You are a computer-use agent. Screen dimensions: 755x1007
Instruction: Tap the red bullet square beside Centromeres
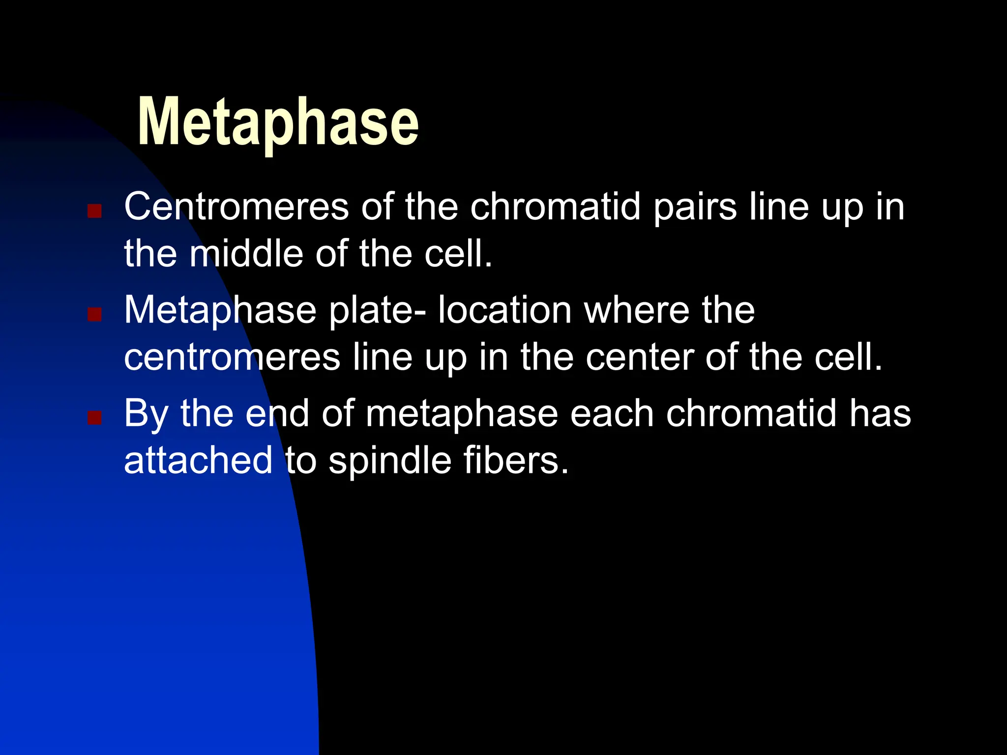point(94,211)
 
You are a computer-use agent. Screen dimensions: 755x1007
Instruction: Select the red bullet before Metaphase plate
point(94,314)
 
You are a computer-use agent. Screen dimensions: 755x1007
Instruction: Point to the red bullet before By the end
point(94,418)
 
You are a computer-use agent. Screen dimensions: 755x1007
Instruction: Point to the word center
point(639,357)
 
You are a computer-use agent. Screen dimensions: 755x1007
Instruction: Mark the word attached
point(198,461)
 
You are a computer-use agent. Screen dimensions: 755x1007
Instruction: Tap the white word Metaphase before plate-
point(220,311)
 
